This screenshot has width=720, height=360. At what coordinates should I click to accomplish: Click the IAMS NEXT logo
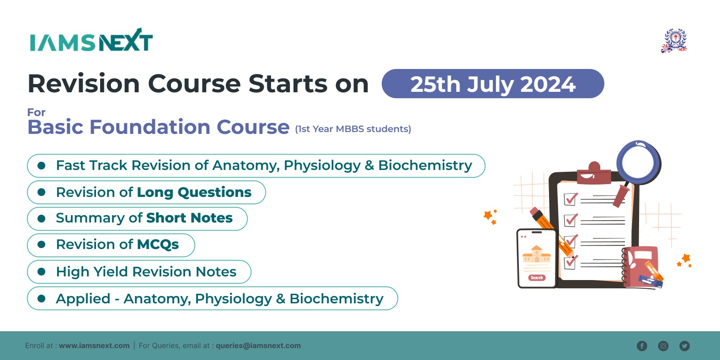point(91,40)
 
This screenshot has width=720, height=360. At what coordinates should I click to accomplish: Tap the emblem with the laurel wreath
point(674,41)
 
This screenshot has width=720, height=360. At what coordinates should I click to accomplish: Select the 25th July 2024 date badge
point(493,84)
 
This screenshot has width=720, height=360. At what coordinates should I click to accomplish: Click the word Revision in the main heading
point(84,84)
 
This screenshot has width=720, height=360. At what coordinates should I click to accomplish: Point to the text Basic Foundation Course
point(159,127)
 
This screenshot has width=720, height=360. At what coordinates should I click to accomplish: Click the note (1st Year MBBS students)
point(353,129)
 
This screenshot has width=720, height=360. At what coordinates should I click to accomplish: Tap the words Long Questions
point(194,192)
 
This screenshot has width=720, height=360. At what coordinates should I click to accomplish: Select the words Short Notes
point(189,218)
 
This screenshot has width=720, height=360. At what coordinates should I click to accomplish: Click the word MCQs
point(158,244)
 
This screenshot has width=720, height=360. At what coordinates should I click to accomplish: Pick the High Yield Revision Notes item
point(139,272)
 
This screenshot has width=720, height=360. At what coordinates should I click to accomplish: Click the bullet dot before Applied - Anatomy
point(41,299)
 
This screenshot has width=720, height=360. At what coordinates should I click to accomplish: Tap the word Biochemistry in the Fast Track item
point(425,165)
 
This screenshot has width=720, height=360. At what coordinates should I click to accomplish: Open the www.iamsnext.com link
point(94,345)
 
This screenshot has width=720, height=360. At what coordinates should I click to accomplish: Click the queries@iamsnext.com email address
point(258,345)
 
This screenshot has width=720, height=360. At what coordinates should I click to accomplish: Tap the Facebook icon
point(642,346)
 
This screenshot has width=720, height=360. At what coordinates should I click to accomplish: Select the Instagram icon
point(663,346)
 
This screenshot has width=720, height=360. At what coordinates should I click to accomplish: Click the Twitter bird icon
point(684,346)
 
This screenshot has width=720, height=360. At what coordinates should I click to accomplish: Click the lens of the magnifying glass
point(638,163)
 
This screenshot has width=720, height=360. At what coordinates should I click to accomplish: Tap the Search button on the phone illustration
point(537,278)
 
